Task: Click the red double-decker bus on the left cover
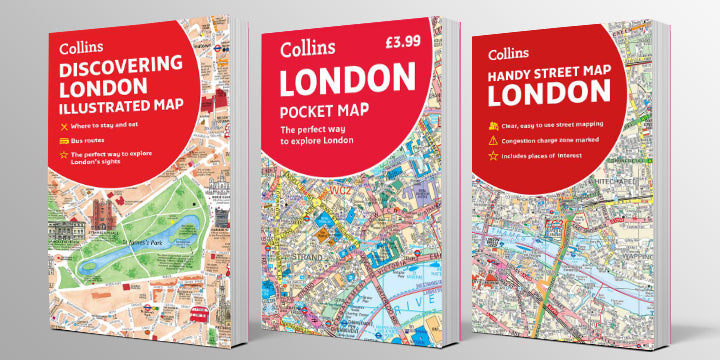198,314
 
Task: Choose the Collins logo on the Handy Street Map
510,53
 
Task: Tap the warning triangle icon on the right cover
493,142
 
